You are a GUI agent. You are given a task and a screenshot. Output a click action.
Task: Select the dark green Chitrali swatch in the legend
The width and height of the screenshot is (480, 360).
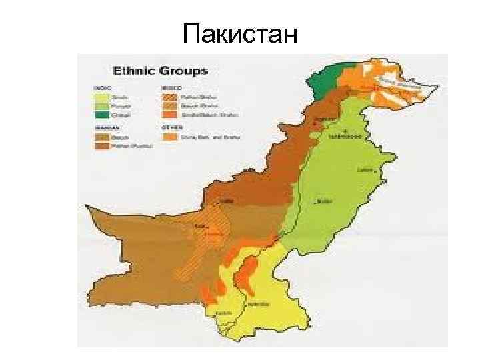coord(102,115)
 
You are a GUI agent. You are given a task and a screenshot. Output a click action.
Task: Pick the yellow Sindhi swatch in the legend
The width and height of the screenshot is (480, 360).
coord(102,96)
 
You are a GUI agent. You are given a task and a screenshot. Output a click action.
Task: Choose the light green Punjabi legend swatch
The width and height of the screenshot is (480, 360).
coord(102,105)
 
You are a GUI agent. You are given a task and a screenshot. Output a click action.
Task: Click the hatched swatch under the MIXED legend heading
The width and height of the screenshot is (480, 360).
coord(171,96)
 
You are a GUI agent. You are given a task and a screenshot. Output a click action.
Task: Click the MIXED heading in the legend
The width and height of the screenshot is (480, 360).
coord(169,87)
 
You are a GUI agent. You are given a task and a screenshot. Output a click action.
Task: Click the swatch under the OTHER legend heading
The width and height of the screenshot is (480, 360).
coord(171,137)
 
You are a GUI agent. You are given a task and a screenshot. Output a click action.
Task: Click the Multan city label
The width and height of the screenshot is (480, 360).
coord(325,201)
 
